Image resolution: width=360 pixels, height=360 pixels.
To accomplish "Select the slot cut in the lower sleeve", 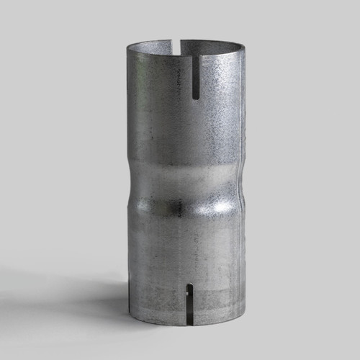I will click(x=189, y=303).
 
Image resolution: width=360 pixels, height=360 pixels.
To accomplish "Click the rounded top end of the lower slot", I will click(x=189, y=287).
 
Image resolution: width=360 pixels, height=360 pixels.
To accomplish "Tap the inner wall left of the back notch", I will click(x=155, y=49).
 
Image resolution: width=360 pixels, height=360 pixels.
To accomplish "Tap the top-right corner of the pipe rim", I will click(x=245, y=52).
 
